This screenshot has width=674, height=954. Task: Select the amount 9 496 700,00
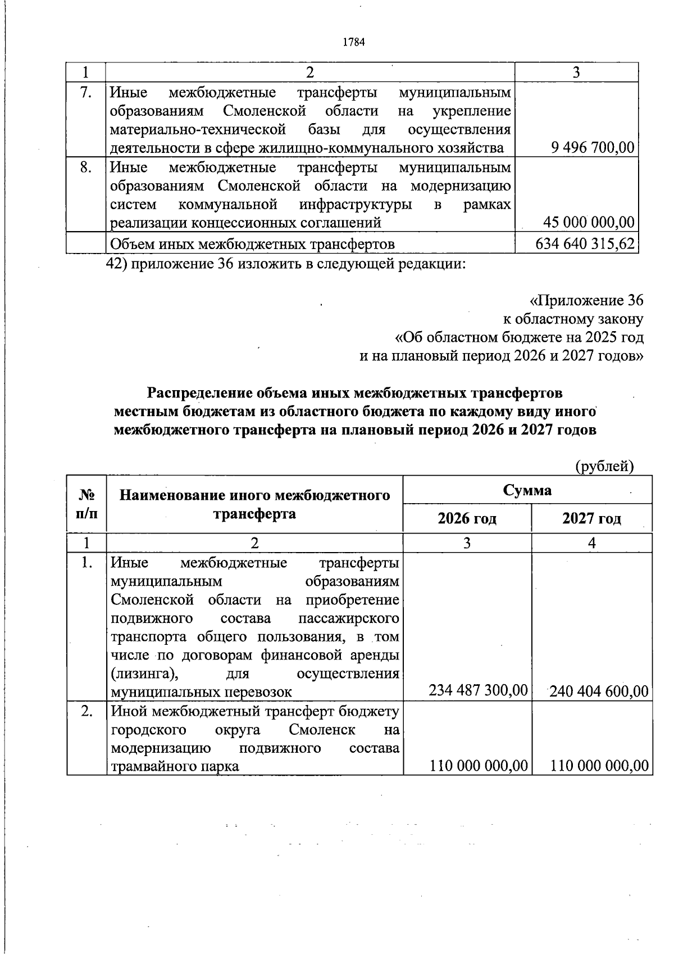(593, 148)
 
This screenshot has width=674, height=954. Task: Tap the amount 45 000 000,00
(589, 223)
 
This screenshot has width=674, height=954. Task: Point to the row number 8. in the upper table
(85, 168)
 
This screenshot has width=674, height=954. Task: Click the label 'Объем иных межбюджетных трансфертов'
(253, 244)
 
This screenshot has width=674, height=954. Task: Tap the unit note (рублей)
(604, 465)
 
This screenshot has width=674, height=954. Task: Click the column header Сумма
(527, 490)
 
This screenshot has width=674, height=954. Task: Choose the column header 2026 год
(467, 518)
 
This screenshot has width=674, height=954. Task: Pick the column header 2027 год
(591, 518)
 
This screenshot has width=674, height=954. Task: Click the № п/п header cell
(86, 504)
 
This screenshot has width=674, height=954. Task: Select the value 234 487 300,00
(478, 690)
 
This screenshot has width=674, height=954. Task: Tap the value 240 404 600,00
(599, 690)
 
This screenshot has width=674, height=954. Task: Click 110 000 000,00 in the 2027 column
(599, 765)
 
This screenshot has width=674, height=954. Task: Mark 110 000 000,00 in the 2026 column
(478, 765)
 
